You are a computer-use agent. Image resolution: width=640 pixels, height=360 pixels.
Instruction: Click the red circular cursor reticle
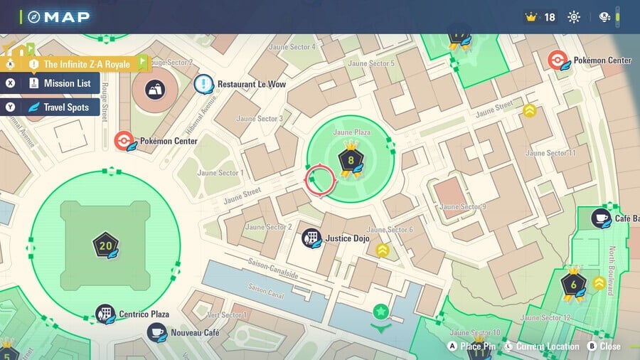click(320, 181)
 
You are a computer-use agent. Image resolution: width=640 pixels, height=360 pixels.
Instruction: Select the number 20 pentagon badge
click(105, 246)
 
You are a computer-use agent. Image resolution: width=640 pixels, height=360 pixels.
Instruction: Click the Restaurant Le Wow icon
click(203, 85)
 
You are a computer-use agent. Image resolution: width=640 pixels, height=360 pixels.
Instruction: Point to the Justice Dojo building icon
click(311, 238)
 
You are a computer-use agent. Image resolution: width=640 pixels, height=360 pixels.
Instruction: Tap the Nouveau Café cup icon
click(157, 332)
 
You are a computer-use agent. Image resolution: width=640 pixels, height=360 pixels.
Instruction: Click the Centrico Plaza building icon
click(105, 314)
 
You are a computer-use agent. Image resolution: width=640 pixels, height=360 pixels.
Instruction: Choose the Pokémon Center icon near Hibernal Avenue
click(124, 141)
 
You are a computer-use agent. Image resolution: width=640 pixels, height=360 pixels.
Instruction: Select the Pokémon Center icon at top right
click(558, 60)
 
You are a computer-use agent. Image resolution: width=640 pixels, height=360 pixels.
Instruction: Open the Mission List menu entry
click(60, 83)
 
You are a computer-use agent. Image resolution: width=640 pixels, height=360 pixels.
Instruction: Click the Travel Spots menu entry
click(60, 107)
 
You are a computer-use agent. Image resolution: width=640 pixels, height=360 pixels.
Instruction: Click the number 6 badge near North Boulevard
click(573, 284)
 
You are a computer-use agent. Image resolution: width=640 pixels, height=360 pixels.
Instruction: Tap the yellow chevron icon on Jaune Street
click(529, 110)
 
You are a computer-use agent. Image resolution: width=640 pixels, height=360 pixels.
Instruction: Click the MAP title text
click(67, 17)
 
